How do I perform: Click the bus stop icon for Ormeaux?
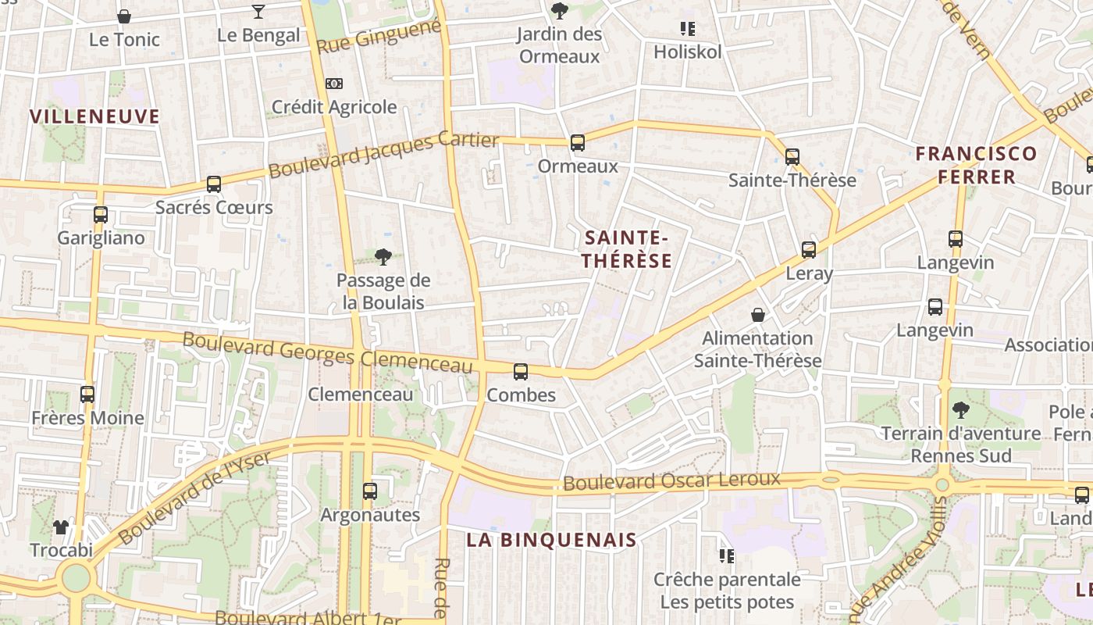[577, 143]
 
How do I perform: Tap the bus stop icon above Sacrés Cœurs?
[214, 184]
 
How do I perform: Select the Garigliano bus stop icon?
[100, 215]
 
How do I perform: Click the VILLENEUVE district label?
[94, 117]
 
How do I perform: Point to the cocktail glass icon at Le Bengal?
[258, 11]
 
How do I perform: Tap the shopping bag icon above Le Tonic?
[123, 16]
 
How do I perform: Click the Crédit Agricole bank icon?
[333, 84]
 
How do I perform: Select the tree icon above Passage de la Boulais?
[383, 256]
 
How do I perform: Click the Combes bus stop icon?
[521, 372]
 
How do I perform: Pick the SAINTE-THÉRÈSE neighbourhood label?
[627, 249]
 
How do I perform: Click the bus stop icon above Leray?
[809, 250]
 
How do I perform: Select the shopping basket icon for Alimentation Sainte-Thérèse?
[757, 315]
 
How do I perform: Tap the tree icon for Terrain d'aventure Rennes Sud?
[961, 409]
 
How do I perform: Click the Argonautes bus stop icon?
[370, 491]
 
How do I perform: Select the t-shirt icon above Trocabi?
[61, 527]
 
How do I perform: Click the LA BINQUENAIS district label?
[552, 540]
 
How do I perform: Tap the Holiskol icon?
[687, 29]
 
